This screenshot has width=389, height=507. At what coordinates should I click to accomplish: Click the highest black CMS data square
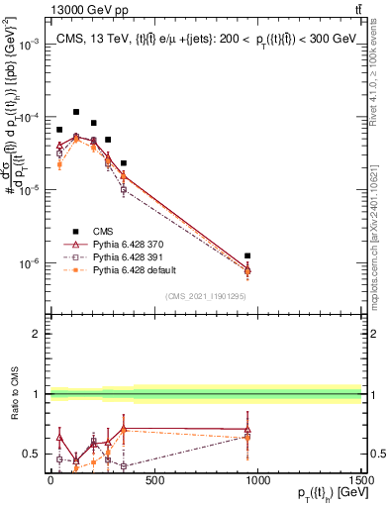point(76,112)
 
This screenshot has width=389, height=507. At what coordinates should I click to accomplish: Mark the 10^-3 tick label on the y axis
point(28,45)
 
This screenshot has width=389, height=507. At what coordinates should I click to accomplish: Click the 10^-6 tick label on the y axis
point(28,263)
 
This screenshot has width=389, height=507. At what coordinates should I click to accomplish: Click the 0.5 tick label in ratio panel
point(30,455)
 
